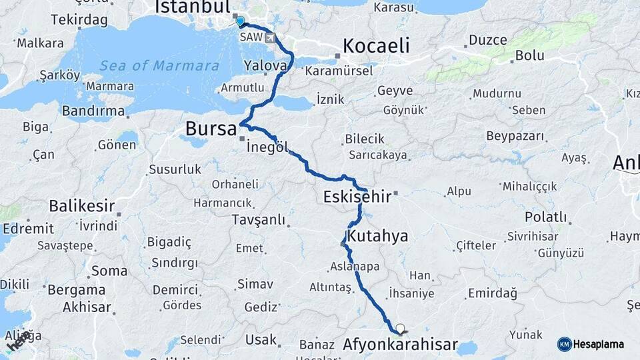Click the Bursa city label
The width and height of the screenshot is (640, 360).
pyautogui.click(x=211, y=128)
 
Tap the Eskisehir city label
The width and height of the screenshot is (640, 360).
pyautogui.click(x=357, y=197)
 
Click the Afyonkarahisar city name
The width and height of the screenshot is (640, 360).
pyautogui.click(x=400, y=345)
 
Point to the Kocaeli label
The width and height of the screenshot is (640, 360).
pyautogui.click(x=375, y=45)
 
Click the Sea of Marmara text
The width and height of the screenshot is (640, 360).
pyautogui.click(x=159, y=66)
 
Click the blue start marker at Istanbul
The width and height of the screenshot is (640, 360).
pyautogui.click(x=240, y=21)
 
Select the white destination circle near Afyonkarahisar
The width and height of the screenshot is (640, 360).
pyautogui.click(x=400, y=327)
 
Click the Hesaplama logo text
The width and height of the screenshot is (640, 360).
pyautogui.click(x=598, y=344)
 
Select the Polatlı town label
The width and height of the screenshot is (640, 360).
pyautogui.click(x=545, y=217)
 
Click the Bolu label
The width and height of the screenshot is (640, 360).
pyautogui.click(x=530, y=55)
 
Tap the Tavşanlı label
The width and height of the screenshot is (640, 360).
pyautogui.click(x=258, y=220)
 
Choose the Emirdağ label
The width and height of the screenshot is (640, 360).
pyautogui.click(x=493, y=293)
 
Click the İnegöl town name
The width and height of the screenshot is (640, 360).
pyautogui.click(x=267, y=148)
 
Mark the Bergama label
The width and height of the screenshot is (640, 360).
pyautogui.click(x=75, y=290)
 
